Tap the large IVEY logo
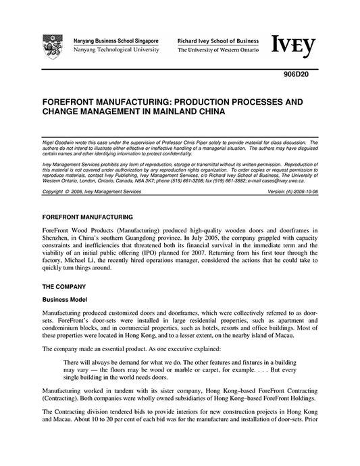(294, 45)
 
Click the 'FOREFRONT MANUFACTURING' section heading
(88, 217)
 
